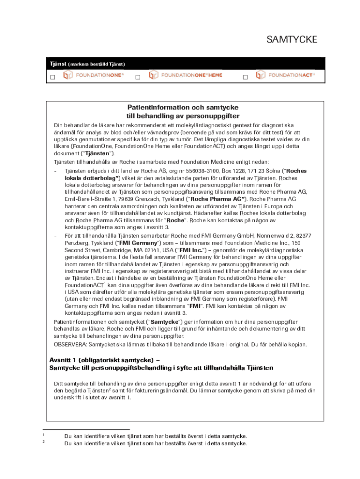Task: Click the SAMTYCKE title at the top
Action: pos(292,40)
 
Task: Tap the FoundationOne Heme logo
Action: pos(186,75)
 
